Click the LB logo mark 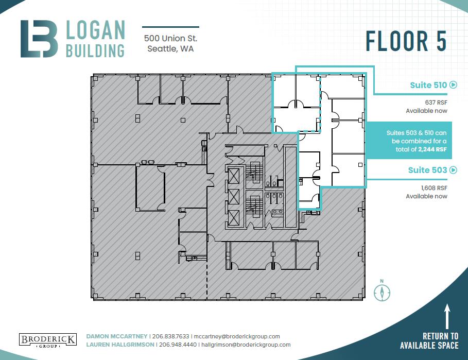[x=39, y=39]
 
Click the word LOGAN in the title [x=95, y=30]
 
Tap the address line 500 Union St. [x=170, y=38]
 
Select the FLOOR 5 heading [x=406, y=41]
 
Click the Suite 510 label [x=428, y=85]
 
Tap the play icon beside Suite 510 [x=453, y=85]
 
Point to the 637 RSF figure [x=436, y=102]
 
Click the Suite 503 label [x=427, y=170]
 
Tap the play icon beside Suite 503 [x=453, y=170]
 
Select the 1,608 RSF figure [x=434, y=188]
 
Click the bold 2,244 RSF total [x=432, y=149]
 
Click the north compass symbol [x=382, y=292]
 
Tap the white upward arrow [x=447, y=316]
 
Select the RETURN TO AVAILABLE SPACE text [x=429, y=341]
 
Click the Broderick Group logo [x=48, y=340]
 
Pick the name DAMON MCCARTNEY [x=117, y=336]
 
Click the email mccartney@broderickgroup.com [x=237, y=336]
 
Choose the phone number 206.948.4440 [x=178, y=345]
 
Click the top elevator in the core [x=233, y=176]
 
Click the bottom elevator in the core [x=233, y=218]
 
